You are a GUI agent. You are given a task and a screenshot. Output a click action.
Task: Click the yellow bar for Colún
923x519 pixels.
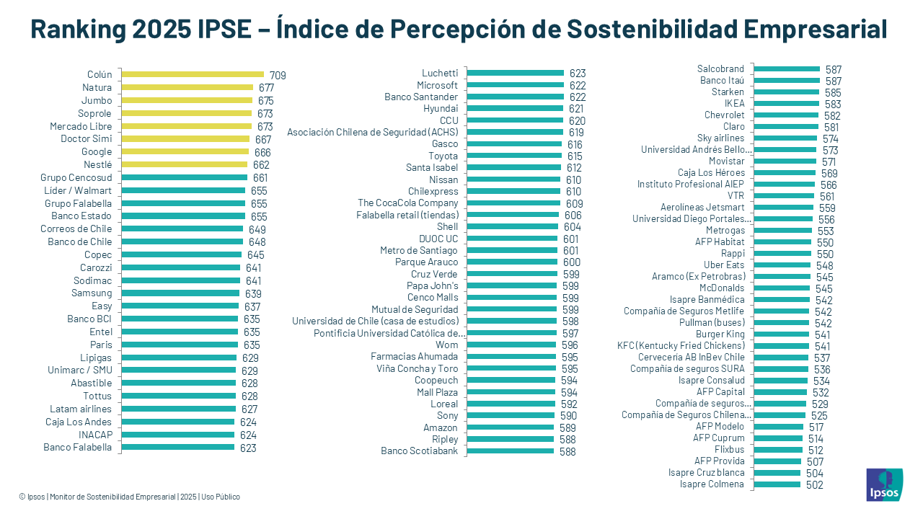pyautogui.click(x=193, y=74)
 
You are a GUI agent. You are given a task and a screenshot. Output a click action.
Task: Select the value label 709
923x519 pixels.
pyautogui.click(x=278, y=76)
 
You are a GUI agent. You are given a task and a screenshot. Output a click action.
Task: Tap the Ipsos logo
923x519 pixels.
pyautogui.click(x=883, y=484)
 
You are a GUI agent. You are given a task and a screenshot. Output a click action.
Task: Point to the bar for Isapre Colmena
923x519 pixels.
pyautogui.click(x=777, y=484)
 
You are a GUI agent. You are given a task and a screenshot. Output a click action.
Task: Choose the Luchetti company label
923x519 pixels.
pyautogui.click(x=440, y=73)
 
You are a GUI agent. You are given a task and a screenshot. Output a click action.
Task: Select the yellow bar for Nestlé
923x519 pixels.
pyautogui.click(x=184, y=164)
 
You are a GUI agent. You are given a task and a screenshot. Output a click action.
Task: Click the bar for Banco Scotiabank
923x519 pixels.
pyautogui.click(x=510, y=451)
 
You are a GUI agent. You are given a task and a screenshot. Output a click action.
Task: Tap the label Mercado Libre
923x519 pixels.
pyautogui.click(x=81, y=126)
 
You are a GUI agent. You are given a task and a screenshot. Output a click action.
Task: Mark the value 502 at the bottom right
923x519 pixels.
pyautogui.click(x=814, y=485)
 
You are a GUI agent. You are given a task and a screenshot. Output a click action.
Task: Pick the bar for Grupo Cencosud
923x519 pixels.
pyautogui.click(x=184, y=177)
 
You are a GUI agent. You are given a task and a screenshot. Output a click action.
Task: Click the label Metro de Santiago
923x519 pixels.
pyautogui.click(x=419, y=250)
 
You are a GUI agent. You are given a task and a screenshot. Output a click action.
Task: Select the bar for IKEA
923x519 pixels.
pyautogui.click(x=786, y=104)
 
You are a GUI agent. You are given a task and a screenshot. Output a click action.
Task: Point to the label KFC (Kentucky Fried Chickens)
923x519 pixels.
pyautogui.click(x=681, y=346)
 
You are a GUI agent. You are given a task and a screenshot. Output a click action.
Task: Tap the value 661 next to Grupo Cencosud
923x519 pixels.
pyautogui.click(x=260, y=178)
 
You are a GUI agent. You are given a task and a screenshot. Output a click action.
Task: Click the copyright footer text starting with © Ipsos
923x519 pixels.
pyautogui.click(x=130, y=497)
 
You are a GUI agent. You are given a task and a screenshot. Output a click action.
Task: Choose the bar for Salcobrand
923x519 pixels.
pyautogui.click(x=787, y=69)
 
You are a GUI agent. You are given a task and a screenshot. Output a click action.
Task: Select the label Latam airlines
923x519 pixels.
pyautogui.click(x=81, y=409)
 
